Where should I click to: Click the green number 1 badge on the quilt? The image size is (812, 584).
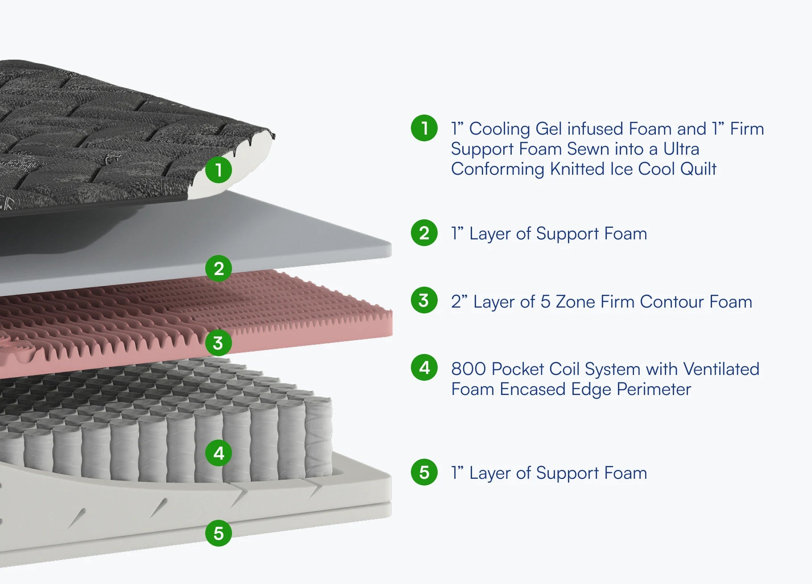219,169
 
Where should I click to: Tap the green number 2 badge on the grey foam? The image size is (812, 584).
219,268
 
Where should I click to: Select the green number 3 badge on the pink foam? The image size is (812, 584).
218,343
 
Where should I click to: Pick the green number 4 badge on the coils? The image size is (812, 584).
219,453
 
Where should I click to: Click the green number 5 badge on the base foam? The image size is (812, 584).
219,533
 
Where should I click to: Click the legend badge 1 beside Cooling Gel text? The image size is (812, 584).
424,128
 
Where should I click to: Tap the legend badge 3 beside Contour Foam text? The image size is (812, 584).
424,300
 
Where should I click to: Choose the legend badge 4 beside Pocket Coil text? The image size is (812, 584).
424,368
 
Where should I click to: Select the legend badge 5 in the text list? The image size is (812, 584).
424,472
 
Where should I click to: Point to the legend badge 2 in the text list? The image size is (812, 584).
424,233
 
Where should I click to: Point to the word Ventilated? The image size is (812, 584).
721,369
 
